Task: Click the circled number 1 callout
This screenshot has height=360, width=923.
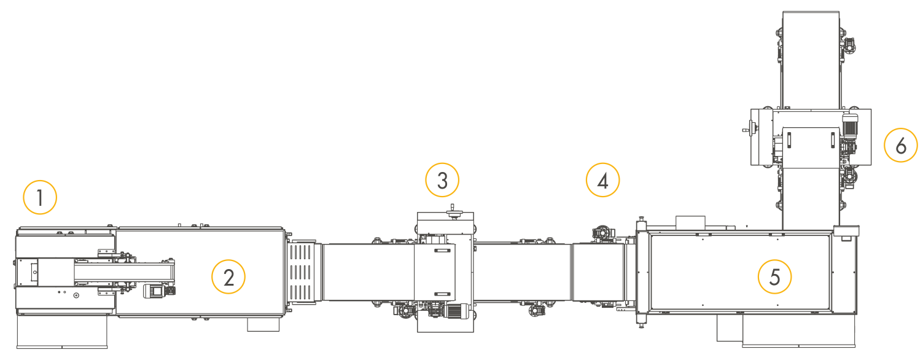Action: [40, 197]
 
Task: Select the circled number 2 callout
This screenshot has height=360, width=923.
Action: [228, 276]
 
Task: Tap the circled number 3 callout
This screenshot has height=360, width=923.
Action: [442, 180]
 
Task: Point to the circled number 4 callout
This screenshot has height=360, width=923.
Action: [603, 180]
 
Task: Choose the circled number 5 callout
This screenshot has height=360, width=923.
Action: [774, 276]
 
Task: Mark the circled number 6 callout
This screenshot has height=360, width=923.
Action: [901, 145]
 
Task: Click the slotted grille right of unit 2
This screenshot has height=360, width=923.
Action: [301, 272]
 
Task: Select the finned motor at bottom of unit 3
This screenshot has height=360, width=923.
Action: [457, 311]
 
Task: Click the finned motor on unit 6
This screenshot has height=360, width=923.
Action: [850, 125]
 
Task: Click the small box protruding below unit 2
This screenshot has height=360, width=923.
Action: [263, 324]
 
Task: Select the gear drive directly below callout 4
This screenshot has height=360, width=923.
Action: [602, 233]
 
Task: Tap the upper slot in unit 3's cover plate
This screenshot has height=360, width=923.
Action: [442, 251]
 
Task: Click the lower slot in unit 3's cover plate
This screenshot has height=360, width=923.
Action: [442, 294]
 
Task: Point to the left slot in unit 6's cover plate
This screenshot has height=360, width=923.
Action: [789, 140]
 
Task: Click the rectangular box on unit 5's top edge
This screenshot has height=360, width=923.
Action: [690, 222]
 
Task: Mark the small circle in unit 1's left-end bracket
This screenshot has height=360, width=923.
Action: [35, 272]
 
